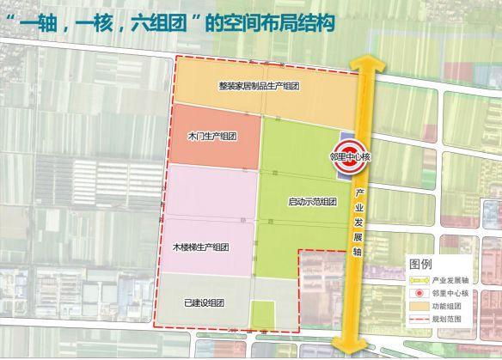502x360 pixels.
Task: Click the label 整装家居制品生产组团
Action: point(264,87)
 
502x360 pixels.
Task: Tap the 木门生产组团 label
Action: point(211,137)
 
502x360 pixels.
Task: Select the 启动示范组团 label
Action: point(312,203)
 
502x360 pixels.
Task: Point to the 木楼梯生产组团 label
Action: point(200,247)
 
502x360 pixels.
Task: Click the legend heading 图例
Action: point(420,263)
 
